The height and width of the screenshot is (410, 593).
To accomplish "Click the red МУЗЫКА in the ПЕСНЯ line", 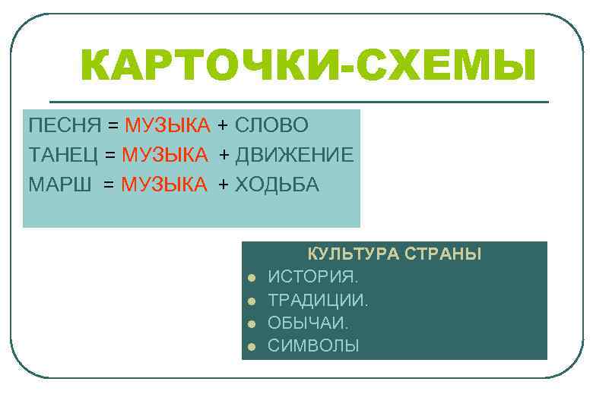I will point(167,125).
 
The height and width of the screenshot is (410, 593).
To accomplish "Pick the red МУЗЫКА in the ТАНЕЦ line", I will point(165,155).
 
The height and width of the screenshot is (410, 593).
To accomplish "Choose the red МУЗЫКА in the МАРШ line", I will point(164,184).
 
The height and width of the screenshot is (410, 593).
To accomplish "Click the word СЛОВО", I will point(271,125).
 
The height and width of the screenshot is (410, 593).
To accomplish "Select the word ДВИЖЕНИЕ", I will point(294,155).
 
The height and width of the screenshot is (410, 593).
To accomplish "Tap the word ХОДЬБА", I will point(277,184).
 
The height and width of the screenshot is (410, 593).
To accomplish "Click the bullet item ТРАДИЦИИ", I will point(318,300).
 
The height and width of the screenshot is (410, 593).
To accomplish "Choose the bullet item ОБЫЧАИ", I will point(308,323).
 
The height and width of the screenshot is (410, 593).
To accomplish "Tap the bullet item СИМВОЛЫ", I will point(313,346).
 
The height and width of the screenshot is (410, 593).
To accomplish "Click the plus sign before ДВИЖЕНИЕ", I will point(225,156).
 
